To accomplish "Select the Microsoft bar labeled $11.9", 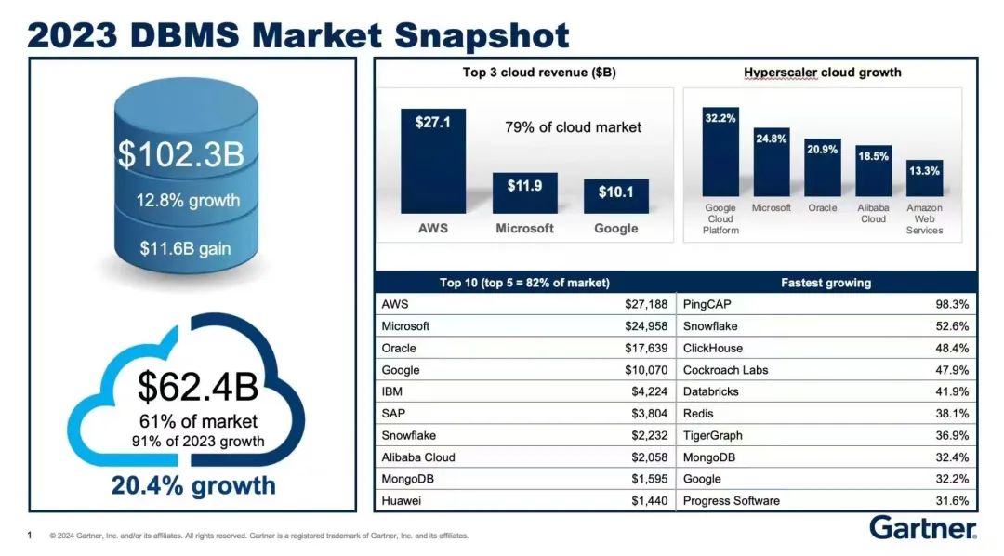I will (525, 192).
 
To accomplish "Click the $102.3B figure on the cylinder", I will (180, 154).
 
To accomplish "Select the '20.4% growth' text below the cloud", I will (193, 485).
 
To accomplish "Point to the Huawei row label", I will (402, 501).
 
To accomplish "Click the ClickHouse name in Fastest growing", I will (713, 349).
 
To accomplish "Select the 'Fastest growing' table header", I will (826, 283).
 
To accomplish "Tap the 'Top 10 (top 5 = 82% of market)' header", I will (524, 283).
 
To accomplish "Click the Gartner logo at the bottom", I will (922, 528).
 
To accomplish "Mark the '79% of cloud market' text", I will (573, 127).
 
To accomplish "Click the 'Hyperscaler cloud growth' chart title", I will (822, 73).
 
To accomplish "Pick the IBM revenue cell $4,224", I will (648, 392).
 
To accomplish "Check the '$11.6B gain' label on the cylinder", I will (185, 248).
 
